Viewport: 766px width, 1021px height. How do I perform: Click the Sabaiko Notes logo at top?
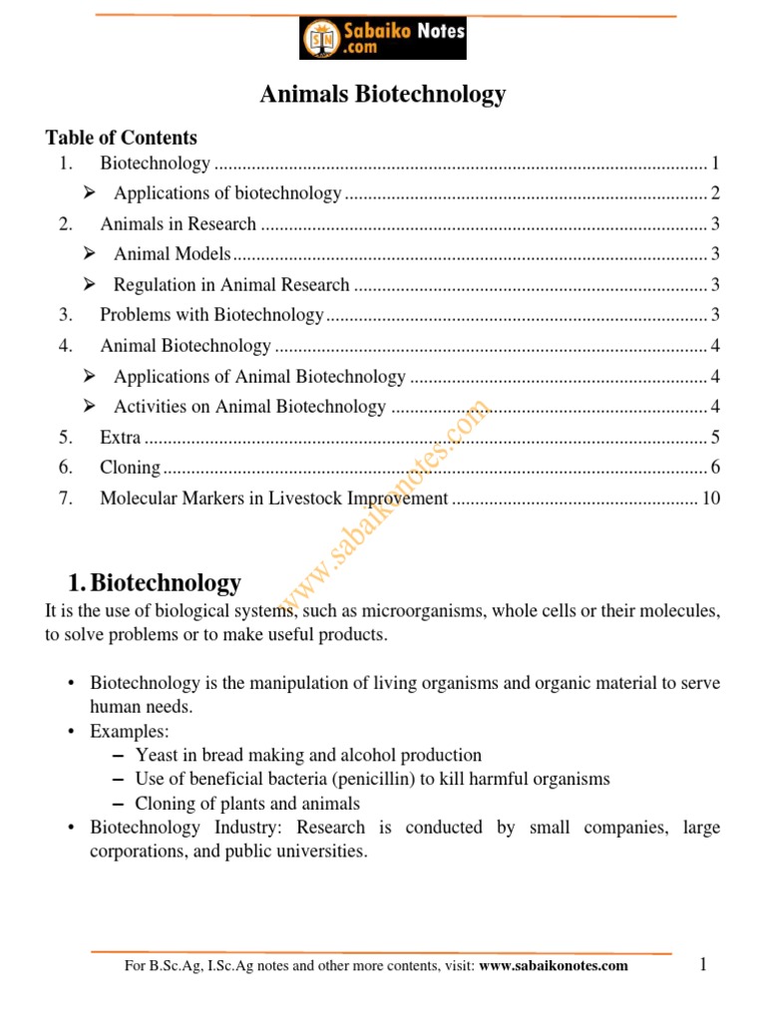pyautogui.click(x=383, y=39)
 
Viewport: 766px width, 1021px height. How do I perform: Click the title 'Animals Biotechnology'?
pyautogui.click(x=383, y=95)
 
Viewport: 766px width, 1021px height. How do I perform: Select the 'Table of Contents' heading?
pyautogui.click(x=122, y=138)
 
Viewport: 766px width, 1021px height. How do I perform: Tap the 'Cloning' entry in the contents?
pyautogui.click(x=130, y=468)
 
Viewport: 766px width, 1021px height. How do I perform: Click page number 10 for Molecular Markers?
pyautogui.click(x=710, y=499)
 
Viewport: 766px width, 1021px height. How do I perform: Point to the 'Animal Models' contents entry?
pyautogui.click(x=172, y=254)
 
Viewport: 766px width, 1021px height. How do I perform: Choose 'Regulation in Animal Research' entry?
pyautogui.click(x=231, y=285)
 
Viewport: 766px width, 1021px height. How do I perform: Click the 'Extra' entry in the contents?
pyautogui.click(x=121, y=438)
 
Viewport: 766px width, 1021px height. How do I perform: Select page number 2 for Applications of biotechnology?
pyautogui.click(x=715, y=194)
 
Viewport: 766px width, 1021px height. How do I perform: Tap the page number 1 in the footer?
pyautogui.click(x=703, y=963)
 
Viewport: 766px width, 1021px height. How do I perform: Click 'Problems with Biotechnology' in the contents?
pyautogui.click(x=211, y=316)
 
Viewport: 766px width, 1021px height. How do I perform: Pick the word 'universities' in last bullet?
pyautogui.click(x=323, y=852)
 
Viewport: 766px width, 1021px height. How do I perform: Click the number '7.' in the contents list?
pyautogui.click(x=66, y=499)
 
